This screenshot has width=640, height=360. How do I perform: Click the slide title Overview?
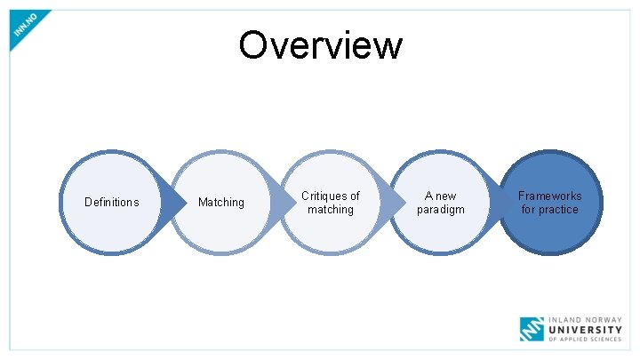tap(320, 45)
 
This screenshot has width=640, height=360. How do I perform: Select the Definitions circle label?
tap(111, 203)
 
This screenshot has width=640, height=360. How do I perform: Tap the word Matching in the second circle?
tap(220, 203)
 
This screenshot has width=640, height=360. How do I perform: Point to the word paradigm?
tap(440, 210)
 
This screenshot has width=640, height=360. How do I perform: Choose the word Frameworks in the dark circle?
tap(550, 196)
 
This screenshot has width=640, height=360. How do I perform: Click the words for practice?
tap(549, 210)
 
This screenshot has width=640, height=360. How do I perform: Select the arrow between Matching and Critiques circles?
tap(282, 203)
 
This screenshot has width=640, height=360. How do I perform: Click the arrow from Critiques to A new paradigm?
tap(391, 203)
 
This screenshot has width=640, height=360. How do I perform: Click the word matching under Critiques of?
tap(331, 210)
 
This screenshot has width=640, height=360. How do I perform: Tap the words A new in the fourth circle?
tap(440, 196)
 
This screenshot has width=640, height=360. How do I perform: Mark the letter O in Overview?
tap(253, 45)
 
